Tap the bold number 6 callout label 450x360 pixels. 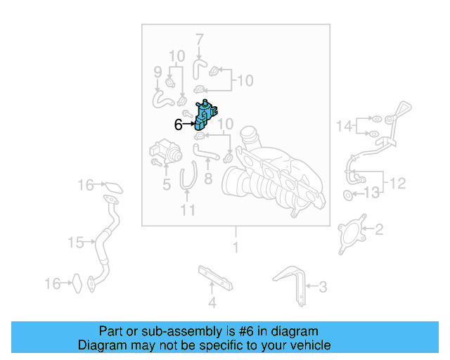point(179,125)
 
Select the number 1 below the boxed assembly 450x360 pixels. point(236,247)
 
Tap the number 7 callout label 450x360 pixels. point(199,39)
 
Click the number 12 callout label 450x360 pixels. point(397,184)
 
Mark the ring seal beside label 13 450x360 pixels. point(349,193)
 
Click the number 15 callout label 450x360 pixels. point(76,243)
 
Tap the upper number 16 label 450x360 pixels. point(86,186)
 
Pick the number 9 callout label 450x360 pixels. point(158,71)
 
